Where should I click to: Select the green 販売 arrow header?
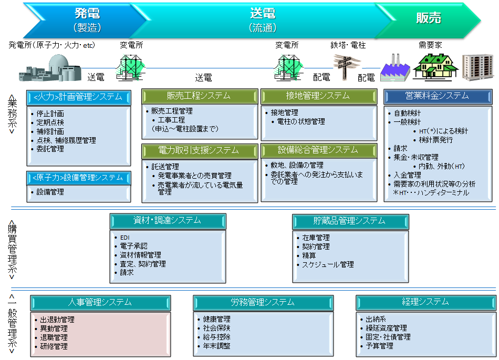click(x=428, y=19)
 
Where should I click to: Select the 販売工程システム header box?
click(x=200, y=96)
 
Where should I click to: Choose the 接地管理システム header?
click(x=318, y=96)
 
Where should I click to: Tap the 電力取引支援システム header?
click(x=200, y=151)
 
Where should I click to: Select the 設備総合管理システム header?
click(x=318, y=151)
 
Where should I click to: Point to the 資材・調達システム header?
click(x=168, y=221)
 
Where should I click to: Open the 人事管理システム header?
click(x=100, y=303)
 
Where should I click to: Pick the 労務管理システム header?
click(x=263, y=303)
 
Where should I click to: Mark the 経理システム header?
click(x=425, y=302)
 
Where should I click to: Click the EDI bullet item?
click(x=125, y=237)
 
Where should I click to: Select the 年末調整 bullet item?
click(x=216, y=346)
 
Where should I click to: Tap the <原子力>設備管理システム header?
click(x=78, y=178)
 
